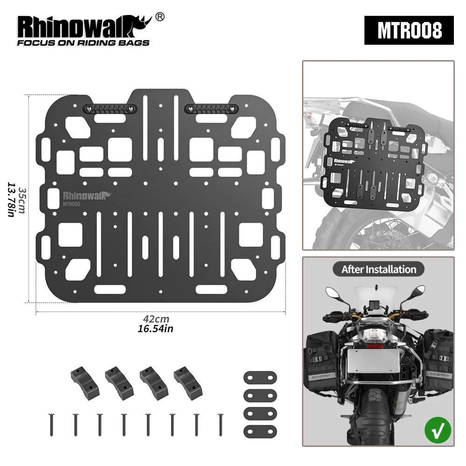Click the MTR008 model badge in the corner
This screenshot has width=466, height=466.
[x=409, y=30]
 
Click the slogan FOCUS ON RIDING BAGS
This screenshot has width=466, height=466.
[x=83, y=43]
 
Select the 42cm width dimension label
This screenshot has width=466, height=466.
[x=156, y=319]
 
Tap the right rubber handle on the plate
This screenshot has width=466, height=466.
[x=211, y=109]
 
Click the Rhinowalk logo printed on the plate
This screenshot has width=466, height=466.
[x=86, y=195]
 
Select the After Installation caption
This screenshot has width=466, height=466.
[x=378, y=269]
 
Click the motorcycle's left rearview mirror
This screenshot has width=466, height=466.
[x=333, y=293]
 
